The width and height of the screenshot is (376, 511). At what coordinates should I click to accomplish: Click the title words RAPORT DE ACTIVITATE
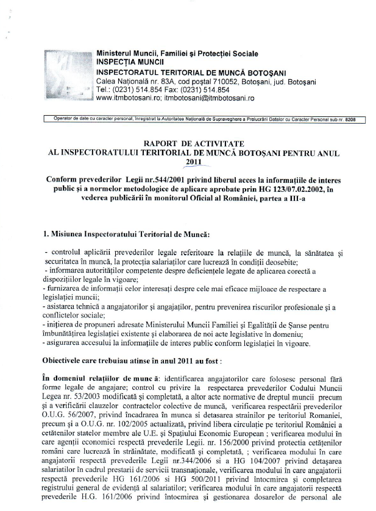(x=186, y=144)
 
